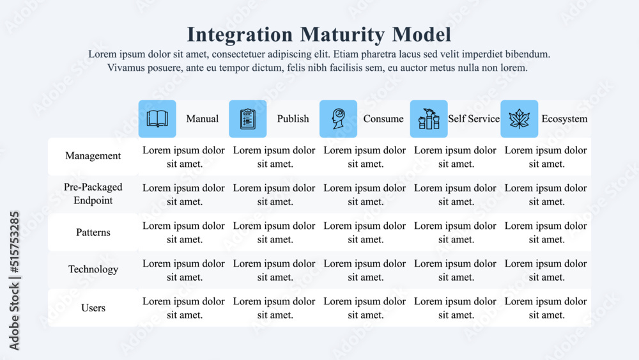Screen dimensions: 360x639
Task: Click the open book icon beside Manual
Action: [157, 119]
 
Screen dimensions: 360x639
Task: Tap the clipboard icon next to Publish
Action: [248, 119]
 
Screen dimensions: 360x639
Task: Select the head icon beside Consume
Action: [338, 119]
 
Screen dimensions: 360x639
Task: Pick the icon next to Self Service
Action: [429, 119]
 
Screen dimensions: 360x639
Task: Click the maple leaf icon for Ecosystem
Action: [519, 119]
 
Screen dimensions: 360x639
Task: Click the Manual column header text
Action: [202, 119]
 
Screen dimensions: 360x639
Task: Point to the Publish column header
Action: [293, 119]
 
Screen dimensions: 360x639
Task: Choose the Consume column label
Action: [383, 119]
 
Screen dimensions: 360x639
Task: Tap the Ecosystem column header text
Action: [564, 119]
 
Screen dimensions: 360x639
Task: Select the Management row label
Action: [93, 156]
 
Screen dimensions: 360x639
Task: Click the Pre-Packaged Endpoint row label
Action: [93, 194]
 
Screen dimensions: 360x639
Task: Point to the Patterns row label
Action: [93, 232]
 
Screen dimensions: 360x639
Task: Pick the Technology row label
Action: [93, 269]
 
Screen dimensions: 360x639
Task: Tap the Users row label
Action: [93, 308]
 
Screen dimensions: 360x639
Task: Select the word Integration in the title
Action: [240, 34]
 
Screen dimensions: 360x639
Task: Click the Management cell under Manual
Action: [184, 157]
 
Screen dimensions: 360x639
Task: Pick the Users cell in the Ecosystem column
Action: [546, 308]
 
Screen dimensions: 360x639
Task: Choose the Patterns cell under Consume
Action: [365, 232]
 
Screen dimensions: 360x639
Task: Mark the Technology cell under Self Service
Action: [456, 270]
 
